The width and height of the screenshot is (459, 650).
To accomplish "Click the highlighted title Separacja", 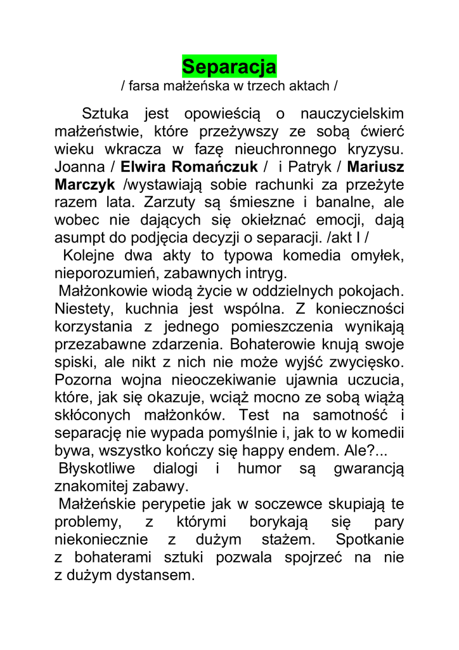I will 229,66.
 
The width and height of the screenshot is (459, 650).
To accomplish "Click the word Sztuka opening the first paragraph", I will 105,114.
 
